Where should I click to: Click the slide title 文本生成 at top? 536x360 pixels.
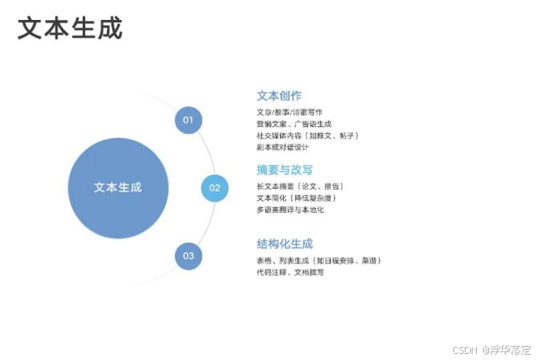click(70, 28)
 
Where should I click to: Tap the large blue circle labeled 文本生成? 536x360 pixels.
click(117, 187)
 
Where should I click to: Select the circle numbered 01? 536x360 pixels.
click(188, 119)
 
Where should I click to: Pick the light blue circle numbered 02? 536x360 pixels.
click(215, 187)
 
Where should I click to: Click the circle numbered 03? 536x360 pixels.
click(188, 256)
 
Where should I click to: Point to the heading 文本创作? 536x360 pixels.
click(278, 96)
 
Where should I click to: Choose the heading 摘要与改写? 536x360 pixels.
click(285, 170)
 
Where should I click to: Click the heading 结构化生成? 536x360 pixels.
click(285, 243)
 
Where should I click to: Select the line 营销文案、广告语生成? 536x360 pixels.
click(294, 123)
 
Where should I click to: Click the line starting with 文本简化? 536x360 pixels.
click(297, 197)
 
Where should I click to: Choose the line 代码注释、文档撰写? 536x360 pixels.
click(291, 272)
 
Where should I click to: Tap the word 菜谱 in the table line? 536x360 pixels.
click(368, 260)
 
